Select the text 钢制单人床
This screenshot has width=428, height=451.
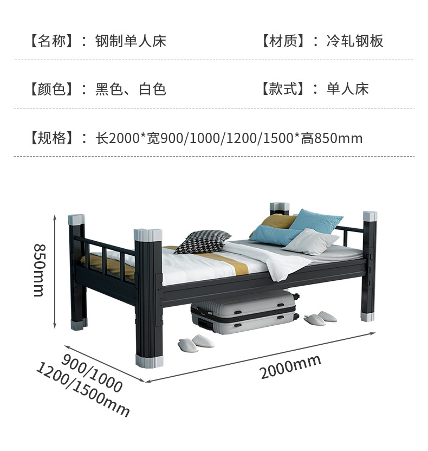(131, 41)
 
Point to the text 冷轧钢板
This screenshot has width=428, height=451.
(355, 41)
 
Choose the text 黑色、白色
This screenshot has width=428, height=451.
(131, 89)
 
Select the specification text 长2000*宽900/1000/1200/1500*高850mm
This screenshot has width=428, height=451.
(229, 138)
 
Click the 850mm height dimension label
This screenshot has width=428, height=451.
(38, 269)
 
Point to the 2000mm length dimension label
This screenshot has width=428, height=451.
(290, 366)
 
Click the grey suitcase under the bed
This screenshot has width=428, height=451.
(244, 313)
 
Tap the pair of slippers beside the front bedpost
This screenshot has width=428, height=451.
(196, 343)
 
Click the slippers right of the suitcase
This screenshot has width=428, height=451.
(320, 318)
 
